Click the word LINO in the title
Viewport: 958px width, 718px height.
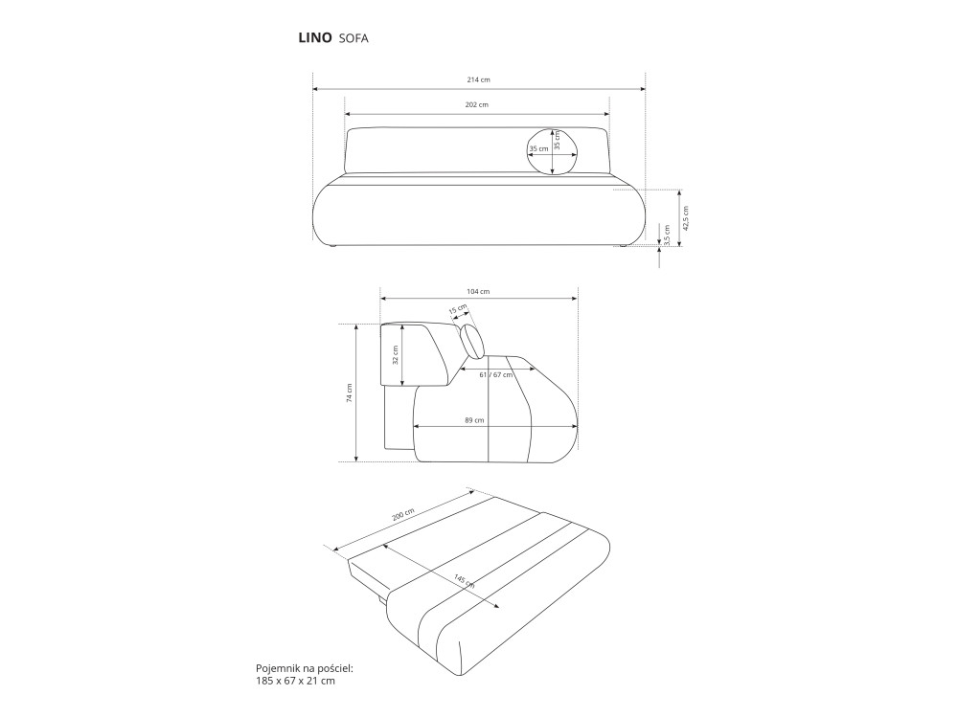[315, 38]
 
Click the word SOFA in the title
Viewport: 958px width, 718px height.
[354, 38]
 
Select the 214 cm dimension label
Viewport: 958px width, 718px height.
[479, 79]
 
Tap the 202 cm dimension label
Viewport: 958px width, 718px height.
[477, 104]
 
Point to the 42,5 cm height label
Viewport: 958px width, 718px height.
[686, 218]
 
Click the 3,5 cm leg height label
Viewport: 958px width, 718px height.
[667, 236]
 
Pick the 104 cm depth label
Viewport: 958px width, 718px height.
[478, 291]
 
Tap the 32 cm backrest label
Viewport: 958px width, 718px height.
[395, 355]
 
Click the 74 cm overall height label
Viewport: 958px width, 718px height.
[349, 393]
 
